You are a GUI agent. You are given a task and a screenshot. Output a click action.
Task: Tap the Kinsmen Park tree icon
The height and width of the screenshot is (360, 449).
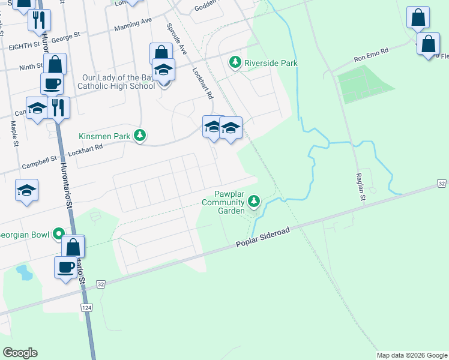tap(140, 136)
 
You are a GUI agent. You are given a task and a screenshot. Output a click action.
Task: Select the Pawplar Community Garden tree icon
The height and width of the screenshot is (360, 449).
tap(255, 201)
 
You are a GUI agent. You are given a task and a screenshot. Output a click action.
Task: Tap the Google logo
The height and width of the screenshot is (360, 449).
tap(20, 353)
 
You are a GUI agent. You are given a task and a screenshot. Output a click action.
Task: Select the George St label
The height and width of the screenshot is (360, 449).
tap(65, 37)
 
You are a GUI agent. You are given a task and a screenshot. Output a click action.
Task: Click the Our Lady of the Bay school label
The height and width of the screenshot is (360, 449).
tap(117, 82)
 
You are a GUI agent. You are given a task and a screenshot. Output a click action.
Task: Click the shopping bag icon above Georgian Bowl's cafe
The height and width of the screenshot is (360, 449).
tap(73, 246)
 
